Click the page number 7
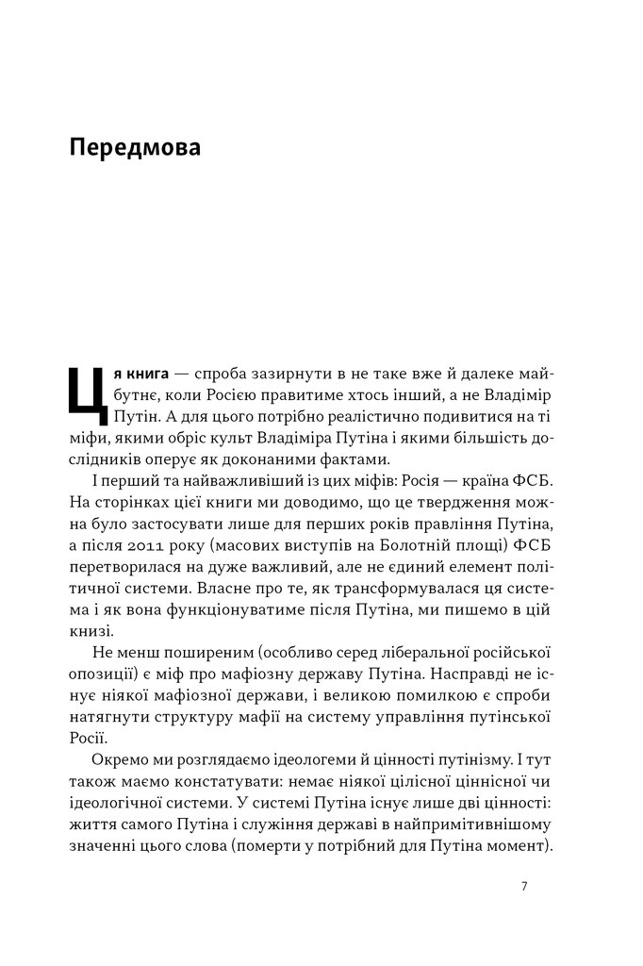click(523, 887)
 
